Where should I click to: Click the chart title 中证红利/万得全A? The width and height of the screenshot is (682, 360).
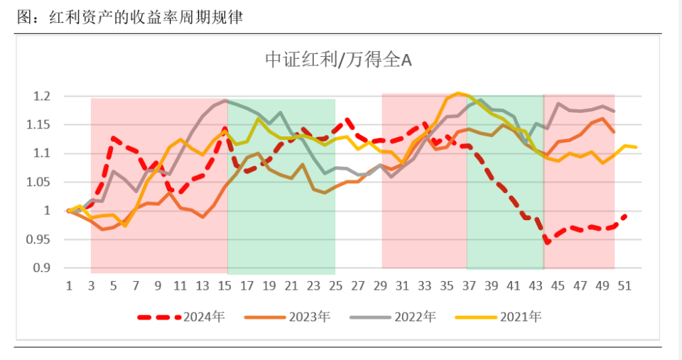pos(338,60)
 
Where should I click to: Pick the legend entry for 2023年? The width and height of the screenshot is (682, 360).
pos(288,317)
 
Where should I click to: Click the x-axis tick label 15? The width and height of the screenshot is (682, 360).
pos(224,285)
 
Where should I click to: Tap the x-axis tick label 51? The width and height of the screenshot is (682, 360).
pos(625,285)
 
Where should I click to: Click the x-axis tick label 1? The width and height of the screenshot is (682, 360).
pos(69,285)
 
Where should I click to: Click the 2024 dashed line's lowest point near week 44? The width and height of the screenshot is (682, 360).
pos(547,243)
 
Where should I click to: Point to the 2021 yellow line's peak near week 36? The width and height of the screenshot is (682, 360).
pos(458,93)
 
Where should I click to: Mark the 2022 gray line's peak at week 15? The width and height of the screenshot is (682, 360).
pos(226,100)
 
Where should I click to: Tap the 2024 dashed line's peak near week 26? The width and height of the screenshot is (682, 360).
pos(347,120)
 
